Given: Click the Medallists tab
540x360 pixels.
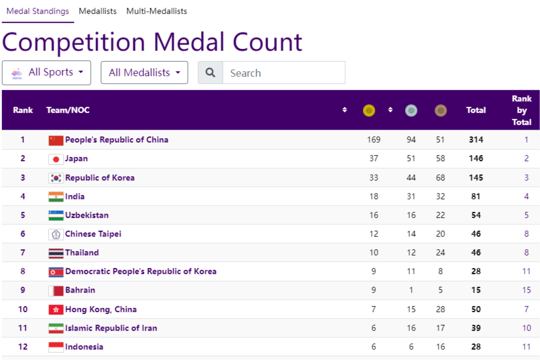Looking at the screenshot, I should point(97,11).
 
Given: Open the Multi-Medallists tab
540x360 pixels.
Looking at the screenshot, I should point(157,11).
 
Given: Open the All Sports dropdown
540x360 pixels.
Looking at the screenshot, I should point(46,73).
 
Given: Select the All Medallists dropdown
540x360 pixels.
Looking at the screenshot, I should point(144,73).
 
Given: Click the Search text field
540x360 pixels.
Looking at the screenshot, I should point(283,73).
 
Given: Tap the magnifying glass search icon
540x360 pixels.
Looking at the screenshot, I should point(210,73).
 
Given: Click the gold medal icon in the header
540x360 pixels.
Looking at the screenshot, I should point(369,110).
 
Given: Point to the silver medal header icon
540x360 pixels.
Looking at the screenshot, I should point(411,110).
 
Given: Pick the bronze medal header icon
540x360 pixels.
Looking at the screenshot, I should point(440,110).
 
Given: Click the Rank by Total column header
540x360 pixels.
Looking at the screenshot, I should point(521,110).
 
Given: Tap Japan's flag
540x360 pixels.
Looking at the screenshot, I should point(56,159).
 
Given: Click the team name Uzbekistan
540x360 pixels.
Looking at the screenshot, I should point(87,215).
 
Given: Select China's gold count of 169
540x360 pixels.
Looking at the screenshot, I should point(373,140).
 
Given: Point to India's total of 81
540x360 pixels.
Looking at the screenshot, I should point(475,196).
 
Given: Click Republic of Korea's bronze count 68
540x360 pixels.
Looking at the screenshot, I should point(440,178).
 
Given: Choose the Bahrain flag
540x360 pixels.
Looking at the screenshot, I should point(56,290).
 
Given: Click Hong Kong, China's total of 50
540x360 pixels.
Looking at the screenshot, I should point(476,309).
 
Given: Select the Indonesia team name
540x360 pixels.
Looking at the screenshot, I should point(84,347).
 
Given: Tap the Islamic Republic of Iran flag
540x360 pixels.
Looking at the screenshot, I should point(56,328).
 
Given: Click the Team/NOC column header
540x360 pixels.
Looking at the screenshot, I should point(68,110).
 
